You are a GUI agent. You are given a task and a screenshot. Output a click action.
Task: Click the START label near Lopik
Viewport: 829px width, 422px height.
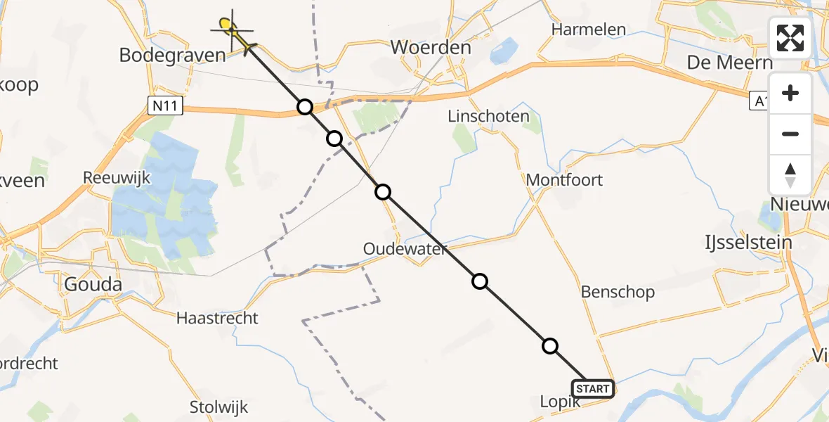(594, 389)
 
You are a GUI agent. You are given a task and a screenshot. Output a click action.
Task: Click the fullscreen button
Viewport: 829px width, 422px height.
(790, 38)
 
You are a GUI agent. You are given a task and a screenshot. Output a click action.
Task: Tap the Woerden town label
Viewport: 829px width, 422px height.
(430, 48)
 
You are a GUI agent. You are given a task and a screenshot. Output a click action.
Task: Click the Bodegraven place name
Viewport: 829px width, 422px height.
(173, 55)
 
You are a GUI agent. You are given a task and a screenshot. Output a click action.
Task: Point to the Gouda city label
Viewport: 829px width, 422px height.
(93, 285)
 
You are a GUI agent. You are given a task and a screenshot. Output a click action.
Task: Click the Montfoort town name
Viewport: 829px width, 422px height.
(564, 179)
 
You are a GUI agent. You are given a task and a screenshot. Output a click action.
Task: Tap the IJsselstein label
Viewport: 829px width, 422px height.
(748, 243)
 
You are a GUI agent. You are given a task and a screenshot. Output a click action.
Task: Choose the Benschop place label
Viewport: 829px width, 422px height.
(618, 292)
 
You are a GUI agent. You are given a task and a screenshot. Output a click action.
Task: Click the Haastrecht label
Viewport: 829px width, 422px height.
(217, 318)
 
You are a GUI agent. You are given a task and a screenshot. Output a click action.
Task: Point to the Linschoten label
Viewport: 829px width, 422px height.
(488, 116)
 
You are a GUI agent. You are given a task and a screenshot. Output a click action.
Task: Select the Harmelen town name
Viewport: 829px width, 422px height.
(589, 30)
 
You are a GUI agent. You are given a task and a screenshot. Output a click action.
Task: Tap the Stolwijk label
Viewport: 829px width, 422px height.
(218, 407)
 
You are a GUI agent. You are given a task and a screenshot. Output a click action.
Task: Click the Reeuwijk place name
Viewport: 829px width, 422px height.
(117, 178)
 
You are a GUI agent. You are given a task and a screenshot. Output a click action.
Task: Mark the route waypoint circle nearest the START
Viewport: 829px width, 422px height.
(550, 346)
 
